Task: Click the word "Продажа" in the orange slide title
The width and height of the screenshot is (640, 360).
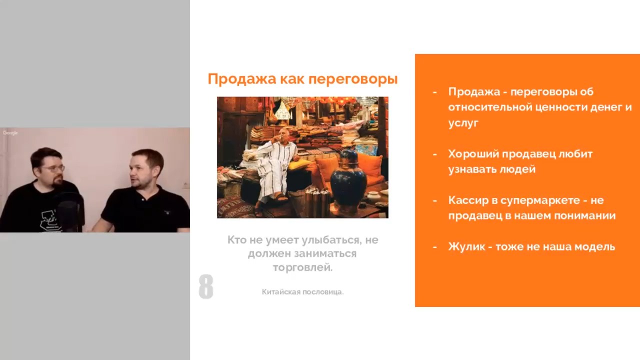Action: (241, 79)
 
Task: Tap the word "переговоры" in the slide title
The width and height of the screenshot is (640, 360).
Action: (353, 79)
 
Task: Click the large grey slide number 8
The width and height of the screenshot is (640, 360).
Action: (206, 286)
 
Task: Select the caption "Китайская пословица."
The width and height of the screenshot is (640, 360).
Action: (303, 292)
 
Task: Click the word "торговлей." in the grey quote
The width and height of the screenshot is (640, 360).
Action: (303, 267)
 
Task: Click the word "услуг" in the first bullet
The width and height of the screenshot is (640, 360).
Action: (463, 123)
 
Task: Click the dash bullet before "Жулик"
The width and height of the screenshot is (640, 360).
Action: (435, 247)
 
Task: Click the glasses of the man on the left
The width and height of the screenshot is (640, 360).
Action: (53, 169)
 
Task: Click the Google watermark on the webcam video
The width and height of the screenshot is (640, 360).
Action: (10, 133)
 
